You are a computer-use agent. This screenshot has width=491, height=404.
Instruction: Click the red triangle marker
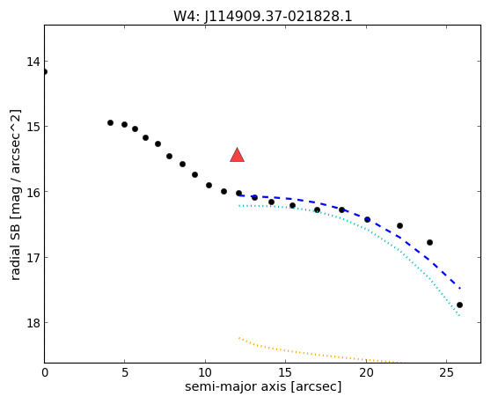[237, 155]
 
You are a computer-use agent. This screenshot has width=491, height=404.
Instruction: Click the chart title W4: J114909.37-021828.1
[263, 17]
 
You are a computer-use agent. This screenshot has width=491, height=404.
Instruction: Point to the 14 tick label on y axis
[33, 62]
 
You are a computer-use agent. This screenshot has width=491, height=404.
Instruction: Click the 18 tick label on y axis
[33, 322]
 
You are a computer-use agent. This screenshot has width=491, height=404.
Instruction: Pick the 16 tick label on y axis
[33, 192]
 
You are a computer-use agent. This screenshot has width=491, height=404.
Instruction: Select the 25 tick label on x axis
[446, 373]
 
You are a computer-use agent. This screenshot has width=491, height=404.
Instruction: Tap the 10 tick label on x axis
[205, 373]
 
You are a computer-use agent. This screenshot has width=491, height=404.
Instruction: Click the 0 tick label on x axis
[45, 373]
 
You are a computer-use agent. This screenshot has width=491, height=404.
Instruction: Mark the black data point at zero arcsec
[45, 71]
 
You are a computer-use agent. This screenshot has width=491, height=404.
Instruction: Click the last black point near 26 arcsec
[459, 305]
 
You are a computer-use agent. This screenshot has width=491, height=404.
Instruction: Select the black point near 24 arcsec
[429, 242]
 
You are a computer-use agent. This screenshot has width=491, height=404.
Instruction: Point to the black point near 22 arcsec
[399, 226]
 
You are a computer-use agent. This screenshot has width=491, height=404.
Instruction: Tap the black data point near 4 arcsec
[110, 122]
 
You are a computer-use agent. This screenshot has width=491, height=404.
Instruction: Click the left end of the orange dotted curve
[239, 338]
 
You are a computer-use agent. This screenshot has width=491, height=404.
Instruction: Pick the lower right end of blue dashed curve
[459, 288]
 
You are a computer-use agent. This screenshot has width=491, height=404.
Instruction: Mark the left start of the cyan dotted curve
[239, 206]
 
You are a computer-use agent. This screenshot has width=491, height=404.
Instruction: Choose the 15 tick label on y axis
[33, 127]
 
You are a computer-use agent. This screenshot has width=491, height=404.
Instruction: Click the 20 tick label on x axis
[366, 373]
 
